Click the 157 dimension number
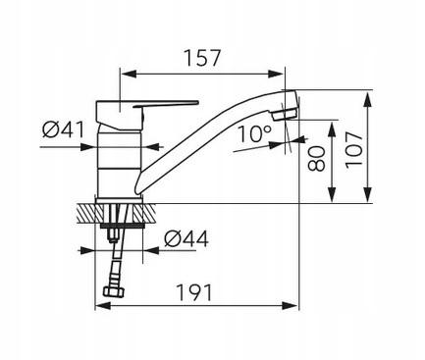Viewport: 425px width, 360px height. [202, 58]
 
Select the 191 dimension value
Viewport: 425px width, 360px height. [194, 292]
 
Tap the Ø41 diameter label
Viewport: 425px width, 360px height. [63, 129]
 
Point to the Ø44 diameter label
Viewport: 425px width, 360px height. [186, 238]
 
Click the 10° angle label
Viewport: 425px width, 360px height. [254, 133]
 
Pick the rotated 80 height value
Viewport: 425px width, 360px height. [317, 159]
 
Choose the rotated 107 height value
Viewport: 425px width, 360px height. [354, 150]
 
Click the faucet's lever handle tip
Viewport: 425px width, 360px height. [197, 103]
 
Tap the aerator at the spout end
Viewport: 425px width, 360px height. [285, 115]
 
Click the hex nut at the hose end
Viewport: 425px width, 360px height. [114, 291]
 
